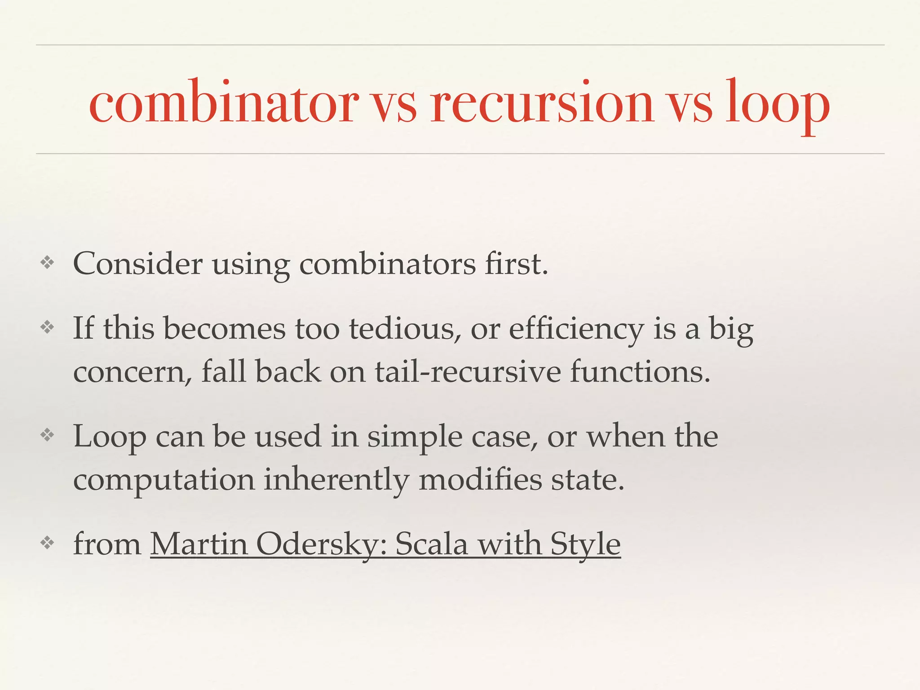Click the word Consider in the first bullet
point(137,264)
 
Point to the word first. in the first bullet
point(516,264)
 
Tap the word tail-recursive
point(468,372)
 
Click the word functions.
point(640,372)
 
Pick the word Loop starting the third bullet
point(110,437)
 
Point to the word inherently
point(336,480)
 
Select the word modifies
point(480,479)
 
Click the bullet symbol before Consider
point(47,263)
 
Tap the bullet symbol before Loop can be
point(47,435)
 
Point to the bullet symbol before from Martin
point(47,543)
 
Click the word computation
point(164,480)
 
